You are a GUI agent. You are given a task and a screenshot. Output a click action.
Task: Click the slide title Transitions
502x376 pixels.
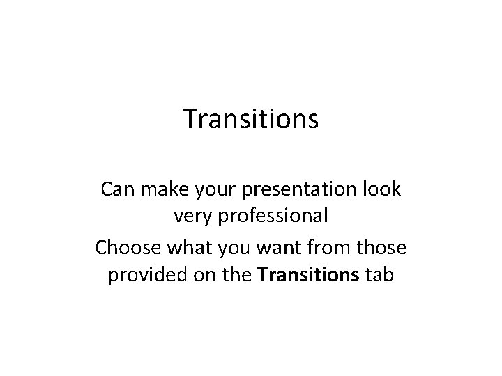[x=251, y=119]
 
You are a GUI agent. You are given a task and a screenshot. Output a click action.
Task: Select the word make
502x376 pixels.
[x=160, y=189]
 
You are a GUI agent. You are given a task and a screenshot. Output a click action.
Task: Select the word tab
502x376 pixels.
[x=379, y=276]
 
